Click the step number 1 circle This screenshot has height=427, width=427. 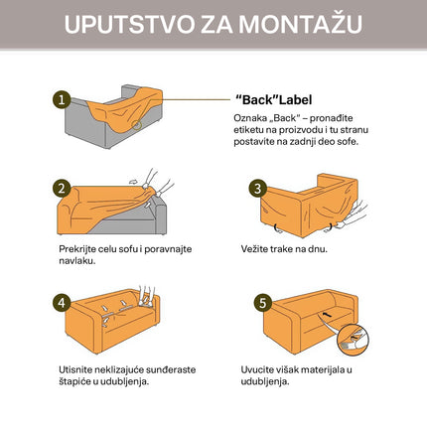coord(62,99)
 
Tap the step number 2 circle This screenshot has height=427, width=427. coord(62,189)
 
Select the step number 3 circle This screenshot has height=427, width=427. coord(258,189)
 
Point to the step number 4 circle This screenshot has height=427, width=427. coord(62,303)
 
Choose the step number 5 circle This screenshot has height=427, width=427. coord(263,303)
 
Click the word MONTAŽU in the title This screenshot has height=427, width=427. coord(300,24)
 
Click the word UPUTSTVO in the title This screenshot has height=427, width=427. coord(129,24)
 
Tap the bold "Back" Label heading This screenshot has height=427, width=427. coord(273,99)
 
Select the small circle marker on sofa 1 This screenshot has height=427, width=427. coord(136,125)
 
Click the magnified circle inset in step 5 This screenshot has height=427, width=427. coord(353,341)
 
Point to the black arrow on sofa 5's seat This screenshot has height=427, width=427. coord(327,315)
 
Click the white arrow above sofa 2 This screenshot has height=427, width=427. coord(133,182)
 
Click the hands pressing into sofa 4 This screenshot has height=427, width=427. coord(147,296)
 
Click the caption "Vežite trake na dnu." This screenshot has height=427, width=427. coord(284,249)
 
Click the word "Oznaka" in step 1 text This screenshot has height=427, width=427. coord(249,118)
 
